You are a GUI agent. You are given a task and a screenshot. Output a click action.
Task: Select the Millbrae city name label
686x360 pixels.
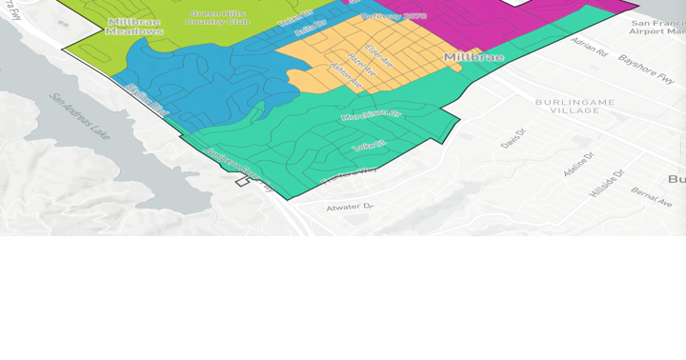tap(474, 58)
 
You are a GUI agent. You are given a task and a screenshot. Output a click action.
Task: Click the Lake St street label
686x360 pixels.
tap(368, 146)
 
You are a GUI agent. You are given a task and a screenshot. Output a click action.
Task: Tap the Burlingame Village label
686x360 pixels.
tap(567, 105)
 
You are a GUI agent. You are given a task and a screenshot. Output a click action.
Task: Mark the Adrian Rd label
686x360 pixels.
tap(589, 47)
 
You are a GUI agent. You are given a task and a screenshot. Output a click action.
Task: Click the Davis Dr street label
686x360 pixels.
tap(514, 139)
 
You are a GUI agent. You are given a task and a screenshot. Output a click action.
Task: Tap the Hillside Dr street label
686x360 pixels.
tap(606, 182)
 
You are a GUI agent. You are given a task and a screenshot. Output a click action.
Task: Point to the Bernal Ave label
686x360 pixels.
tap(651, 197)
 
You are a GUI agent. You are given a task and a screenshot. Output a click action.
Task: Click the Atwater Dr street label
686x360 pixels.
tap(351, 207)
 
